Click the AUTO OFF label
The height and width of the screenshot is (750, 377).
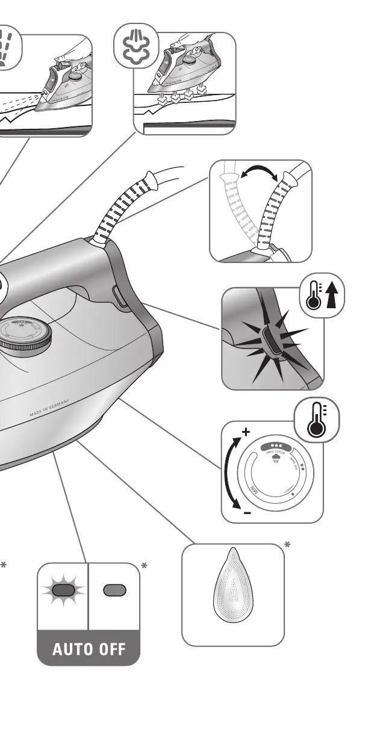pos(89,649)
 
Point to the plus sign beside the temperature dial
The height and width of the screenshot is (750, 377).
pos(245,432)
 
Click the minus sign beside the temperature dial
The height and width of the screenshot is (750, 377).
pos(247,513)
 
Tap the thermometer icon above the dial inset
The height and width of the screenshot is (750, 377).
pos(316,420)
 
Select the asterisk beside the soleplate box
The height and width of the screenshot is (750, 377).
pos(288,545)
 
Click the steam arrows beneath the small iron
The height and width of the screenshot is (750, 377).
pos(178,95)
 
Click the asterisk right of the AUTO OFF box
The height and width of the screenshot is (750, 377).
pos(145,566)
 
